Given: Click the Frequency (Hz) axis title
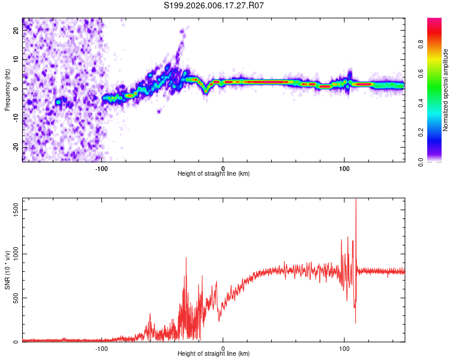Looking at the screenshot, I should click(7, 90).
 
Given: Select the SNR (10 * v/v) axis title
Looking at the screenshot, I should click(7, 270).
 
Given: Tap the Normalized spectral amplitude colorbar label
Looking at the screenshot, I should click(446, 90).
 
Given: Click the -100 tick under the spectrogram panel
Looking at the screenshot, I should click(101, 168).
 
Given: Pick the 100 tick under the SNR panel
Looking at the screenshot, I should click(344, 348).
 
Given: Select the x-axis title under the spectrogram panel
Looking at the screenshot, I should click(214, 174).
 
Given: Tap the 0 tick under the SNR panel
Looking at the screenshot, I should click(223, 348).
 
